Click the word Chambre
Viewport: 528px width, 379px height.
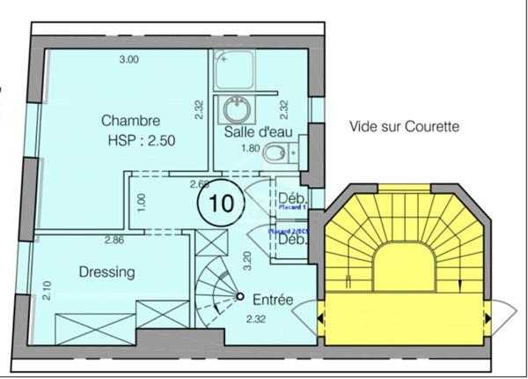(130, 121)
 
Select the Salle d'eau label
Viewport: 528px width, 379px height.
(253, 131)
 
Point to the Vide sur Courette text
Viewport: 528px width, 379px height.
(404, 126)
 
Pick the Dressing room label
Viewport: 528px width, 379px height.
(106, 272)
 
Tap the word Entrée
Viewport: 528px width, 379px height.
(272, 300)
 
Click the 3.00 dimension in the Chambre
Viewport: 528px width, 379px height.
(128, 60)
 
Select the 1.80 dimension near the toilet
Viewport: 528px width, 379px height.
(251, 148)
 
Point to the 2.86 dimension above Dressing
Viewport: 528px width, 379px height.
(114, 240)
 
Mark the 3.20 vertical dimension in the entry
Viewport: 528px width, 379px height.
(248, 262)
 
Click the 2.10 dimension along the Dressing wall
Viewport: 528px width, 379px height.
(46, 290)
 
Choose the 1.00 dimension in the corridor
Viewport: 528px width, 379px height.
(142, 199)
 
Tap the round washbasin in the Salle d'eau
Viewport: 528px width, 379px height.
(236, 110)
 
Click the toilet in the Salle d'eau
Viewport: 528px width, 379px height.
(278, 152)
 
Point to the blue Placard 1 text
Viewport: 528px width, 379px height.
(291, 208)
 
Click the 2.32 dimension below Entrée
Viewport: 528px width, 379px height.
(257, 319)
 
